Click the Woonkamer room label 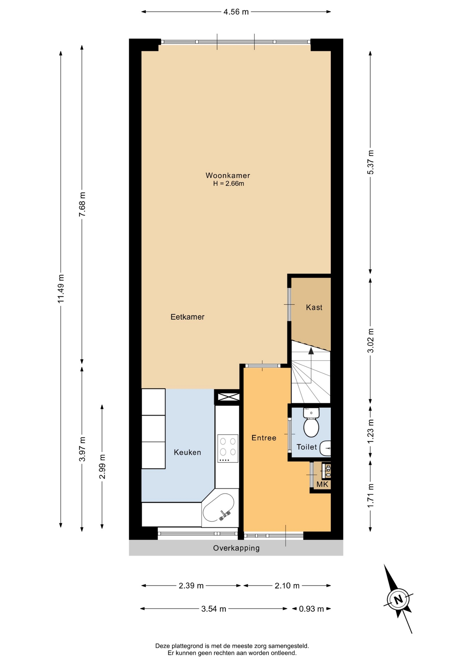tap(228, 175)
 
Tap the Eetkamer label tap(187, 317)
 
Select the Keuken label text tap(187, 452)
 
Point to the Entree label tap(264, 438)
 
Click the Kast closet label tap(314, 307)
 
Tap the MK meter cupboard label tap(323, 484)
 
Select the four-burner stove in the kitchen tap(228, 448)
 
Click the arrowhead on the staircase tap(311, 351)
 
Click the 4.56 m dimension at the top tap(236, 12)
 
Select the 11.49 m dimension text tap(61, 289)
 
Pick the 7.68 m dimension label tap(82, 204)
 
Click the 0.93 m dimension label tap(311, 609)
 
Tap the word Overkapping tap(236, 548)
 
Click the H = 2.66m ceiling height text tap(229, 184)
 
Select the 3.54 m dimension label tap(214, 609)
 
